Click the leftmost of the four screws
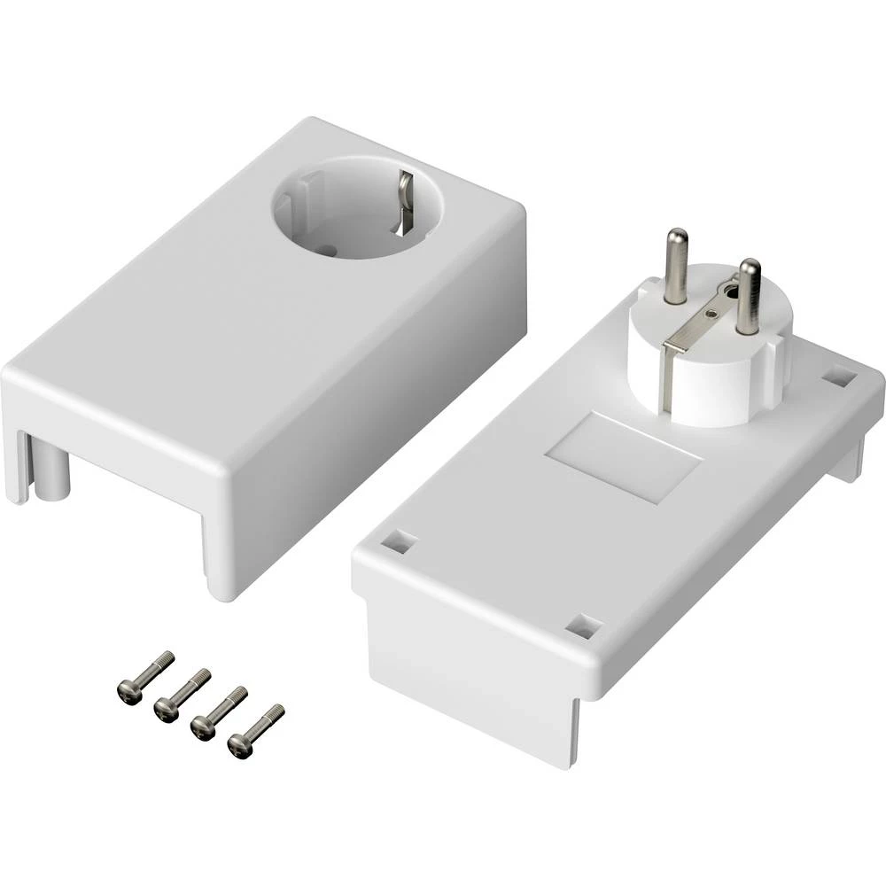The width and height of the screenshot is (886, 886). tap(145, 677)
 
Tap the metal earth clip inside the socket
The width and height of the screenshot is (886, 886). tap(405, 199)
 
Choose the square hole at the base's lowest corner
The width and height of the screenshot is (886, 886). tap(582, 626)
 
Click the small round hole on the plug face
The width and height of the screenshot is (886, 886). tap(730, 289)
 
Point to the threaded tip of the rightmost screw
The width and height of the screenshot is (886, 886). tap(276, 711)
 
